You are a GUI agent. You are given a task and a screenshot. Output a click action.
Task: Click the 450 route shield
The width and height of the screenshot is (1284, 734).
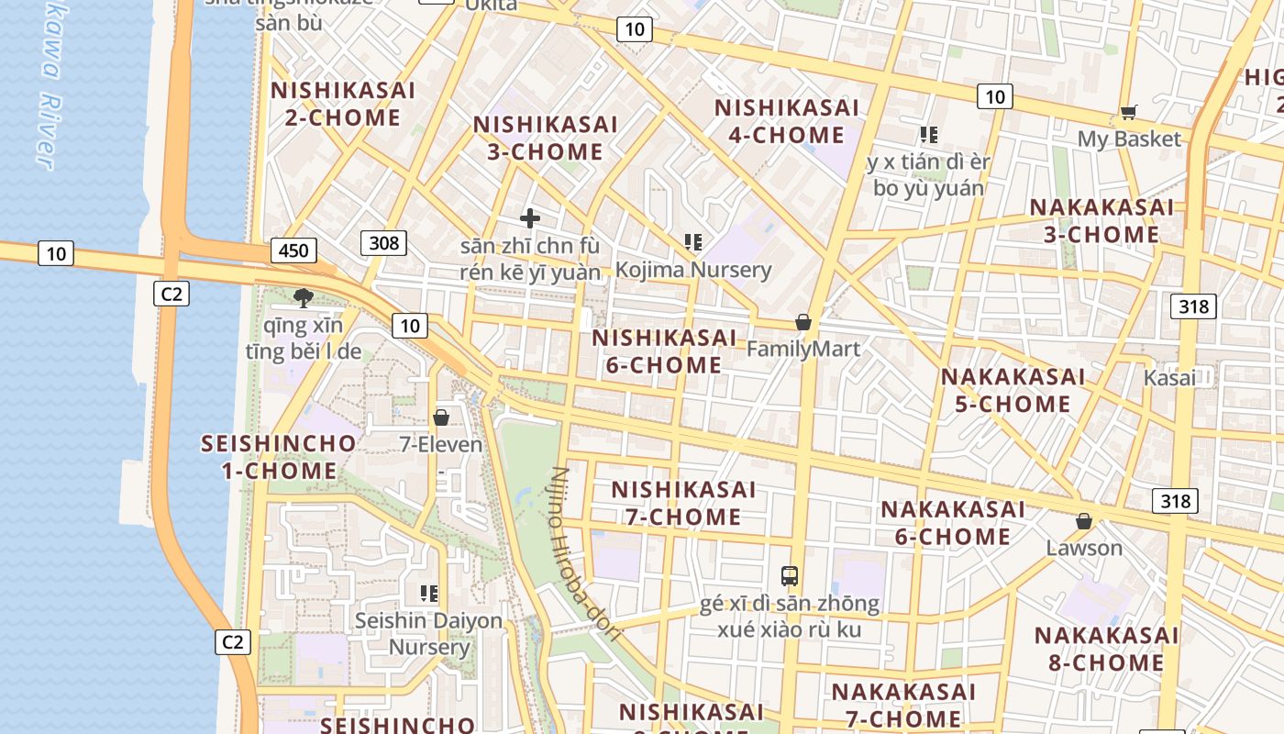point(293,250)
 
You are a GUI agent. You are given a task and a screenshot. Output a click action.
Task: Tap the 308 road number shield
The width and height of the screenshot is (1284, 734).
point(384,242)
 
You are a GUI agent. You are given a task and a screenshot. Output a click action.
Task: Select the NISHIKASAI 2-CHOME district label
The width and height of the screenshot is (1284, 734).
point(342,104)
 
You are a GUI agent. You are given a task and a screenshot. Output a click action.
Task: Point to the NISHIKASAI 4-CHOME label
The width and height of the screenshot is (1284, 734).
point(787,121)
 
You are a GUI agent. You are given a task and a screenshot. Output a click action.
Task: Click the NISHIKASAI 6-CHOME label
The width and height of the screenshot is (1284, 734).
point(664,351)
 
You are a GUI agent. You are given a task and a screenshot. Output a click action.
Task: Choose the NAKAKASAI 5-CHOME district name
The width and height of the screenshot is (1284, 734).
point(1013,390)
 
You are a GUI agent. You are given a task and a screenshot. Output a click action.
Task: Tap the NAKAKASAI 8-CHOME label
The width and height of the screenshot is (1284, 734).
point(1106,649)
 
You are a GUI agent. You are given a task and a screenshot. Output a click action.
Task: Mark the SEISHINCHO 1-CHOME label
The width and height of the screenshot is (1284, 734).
point(279,457)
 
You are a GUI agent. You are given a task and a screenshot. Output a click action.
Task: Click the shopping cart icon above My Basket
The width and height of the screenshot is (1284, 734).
point(1128,112)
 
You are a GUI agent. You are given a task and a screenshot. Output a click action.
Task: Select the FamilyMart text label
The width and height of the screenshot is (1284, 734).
point(803,349)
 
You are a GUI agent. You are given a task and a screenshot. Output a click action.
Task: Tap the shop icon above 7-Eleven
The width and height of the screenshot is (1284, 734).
point(441,417)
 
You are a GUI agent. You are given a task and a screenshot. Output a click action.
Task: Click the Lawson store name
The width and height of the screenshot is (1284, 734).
point(1084,548)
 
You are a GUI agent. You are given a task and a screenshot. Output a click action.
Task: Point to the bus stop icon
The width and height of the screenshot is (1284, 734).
point(790,576)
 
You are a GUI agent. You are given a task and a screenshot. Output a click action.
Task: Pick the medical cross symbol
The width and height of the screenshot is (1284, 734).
point(530,218)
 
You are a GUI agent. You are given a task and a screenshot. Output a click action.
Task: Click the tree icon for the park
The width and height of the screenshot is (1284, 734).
point(303,297)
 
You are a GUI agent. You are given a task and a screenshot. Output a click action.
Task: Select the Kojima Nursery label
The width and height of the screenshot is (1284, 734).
point(693,270)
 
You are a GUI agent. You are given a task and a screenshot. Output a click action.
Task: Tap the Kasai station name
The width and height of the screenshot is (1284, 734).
point(1169,378)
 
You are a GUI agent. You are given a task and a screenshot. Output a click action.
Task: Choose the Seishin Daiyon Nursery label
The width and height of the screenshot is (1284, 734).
point(428,633)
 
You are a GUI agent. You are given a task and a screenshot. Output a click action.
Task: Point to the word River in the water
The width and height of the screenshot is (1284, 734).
point(47,133)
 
